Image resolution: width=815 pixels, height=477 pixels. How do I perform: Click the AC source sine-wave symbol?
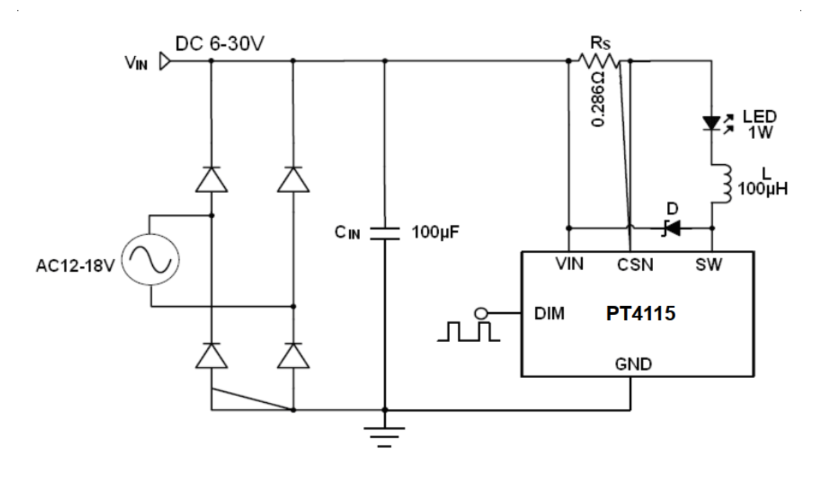[150, 260]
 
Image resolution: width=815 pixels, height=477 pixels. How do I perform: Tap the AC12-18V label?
[76, 266]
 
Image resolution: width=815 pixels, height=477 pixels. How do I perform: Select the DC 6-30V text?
[220, 44]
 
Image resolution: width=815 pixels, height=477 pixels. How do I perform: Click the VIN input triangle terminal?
[165, 61]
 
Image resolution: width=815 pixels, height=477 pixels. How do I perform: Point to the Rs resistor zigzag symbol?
[599, 61]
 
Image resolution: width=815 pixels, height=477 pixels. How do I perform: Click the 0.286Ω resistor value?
[599, 99]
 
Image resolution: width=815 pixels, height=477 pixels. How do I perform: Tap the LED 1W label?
[760, 125]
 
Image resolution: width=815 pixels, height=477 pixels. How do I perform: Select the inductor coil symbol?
[722, 184]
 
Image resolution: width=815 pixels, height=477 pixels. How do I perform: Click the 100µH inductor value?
[763, 189]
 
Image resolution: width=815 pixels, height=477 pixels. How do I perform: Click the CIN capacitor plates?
[385, 233]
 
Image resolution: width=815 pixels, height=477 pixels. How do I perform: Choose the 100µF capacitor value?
[435, 233]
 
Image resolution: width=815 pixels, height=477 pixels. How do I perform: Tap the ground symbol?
[385, 437]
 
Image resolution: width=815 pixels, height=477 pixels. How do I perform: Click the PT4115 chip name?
[641, 313]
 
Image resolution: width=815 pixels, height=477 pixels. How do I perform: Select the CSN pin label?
[635, 265]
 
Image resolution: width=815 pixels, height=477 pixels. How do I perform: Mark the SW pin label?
[708, 265]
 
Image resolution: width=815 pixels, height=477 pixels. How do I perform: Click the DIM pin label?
[550, 313]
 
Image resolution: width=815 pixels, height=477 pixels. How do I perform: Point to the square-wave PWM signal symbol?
[469, 331]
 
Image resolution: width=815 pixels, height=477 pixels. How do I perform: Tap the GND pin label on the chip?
[633, 364]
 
